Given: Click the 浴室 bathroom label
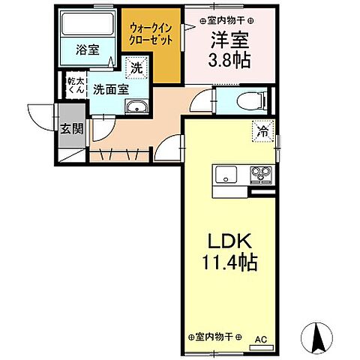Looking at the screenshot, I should (x=88, y=50).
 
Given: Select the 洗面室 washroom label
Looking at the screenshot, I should (x=110, y=88).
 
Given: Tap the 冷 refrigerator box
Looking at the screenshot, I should (x=264, y=129).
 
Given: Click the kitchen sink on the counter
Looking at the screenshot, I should (x=225, y=175).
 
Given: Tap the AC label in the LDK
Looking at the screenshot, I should (x=260, y=340).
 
